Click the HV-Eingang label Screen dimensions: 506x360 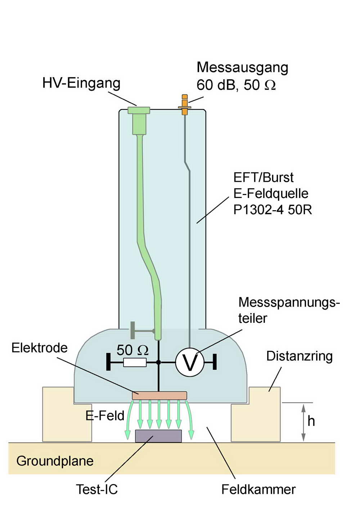(81, 83)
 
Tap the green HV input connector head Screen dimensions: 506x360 (139, 110)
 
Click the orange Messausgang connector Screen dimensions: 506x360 (185, 105)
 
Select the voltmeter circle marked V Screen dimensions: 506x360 (190, 362)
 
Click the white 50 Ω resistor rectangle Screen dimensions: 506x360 (135, 362)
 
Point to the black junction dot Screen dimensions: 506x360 (158, 362)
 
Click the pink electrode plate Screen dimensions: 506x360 (159, 396)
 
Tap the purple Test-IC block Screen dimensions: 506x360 (158, 436)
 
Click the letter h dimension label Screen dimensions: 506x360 (311, 421)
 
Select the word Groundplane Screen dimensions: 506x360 (55, 461)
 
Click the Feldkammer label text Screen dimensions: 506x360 (258, 489)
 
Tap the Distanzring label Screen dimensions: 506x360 (299, 356)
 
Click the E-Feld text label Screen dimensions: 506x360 (105, 416)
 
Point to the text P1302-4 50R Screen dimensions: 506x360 (273, 209)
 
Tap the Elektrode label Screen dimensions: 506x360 (40, 348)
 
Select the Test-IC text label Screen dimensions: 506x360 (96, 489)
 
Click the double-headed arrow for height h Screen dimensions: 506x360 (303, 423)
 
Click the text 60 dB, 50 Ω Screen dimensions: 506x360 (236, 85)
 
